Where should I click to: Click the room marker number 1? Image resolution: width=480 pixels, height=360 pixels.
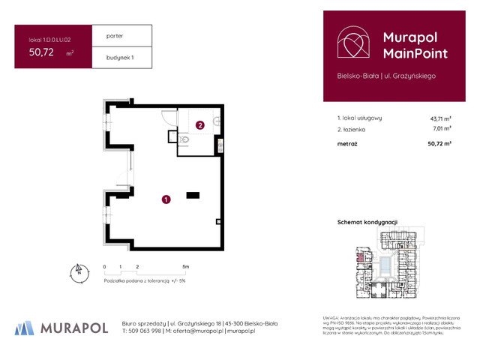[x=165, y=199]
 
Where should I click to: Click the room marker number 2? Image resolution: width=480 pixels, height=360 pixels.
[x=199, y=126]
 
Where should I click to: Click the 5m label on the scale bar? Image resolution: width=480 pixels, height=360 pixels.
[x=184, y=266]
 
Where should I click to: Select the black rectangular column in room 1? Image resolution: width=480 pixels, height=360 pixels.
[x=193, y=196]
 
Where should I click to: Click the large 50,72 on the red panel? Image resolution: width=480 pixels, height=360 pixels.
[x=45, y=52]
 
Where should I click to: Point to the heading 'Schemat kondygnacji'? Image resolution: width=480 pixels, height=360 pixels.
[x=367, y=222]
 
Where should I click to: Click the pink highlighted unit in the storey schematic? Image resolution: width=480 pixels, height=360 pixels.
[x=359, y=259]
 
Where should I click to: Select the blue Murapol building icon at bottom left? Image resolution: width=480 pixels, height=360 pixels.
[x=25, y=327]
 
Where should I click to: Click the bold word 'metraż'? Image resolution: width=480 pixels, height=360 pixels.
[x=348, y=142]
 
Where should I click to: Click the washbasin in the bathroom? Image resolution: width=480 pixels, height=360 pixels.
[x=217, y=122]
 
